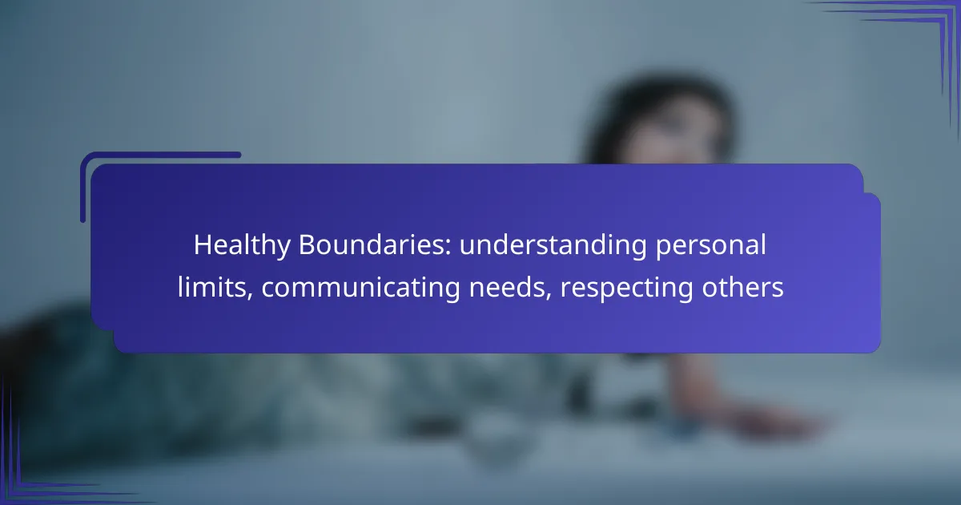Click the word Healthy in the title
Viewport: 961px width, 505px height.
(242, 245)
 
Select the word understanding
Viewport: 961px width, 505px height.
(553, 245)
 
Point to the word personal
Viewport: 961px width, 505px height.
(711, 245)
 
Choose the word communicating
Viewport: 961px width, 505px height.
(361, 288)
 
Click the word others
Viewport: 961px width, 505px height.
(742, 287)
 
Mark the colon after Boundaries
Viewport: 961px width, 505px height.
(448, 248)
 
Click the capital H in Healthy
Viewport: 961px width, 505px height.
(203, 244)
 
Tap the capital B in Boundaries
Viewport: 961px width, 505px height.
(308, 244)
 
